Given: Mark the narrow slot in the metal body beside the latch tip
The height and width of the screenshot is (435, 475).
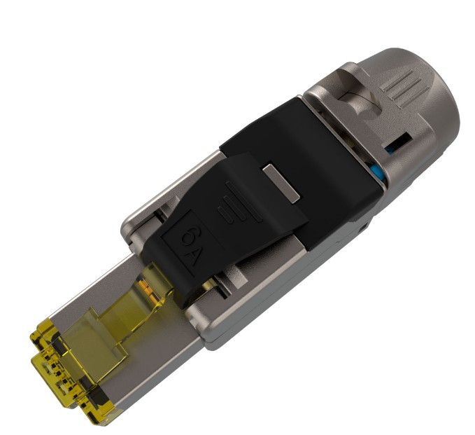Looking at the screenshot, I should pyautogui.click(x=210, y=287).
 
